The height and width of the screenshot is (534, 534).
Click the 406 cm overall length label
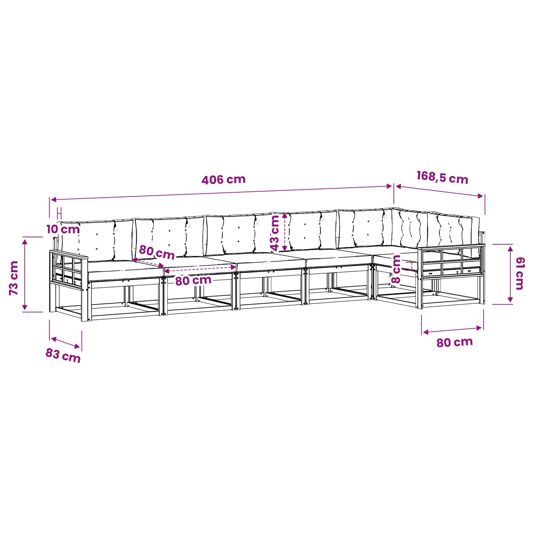224,180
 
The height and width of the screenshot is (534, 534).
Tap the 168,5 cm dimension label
443,177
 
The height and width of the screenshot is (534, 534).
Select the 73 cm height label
14,278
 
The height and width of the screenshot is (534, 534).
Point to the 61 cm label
520,273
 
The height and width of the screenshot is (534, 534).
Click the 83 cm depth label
63,355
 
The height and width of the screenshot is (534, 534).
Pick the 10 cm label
63,229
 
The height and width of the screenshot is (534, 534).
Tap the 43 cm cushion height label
274,233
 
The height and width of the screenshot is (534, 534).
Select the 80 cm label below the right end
455,342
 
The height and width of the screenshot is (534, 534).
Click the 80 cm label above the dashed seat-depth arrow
157,252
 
